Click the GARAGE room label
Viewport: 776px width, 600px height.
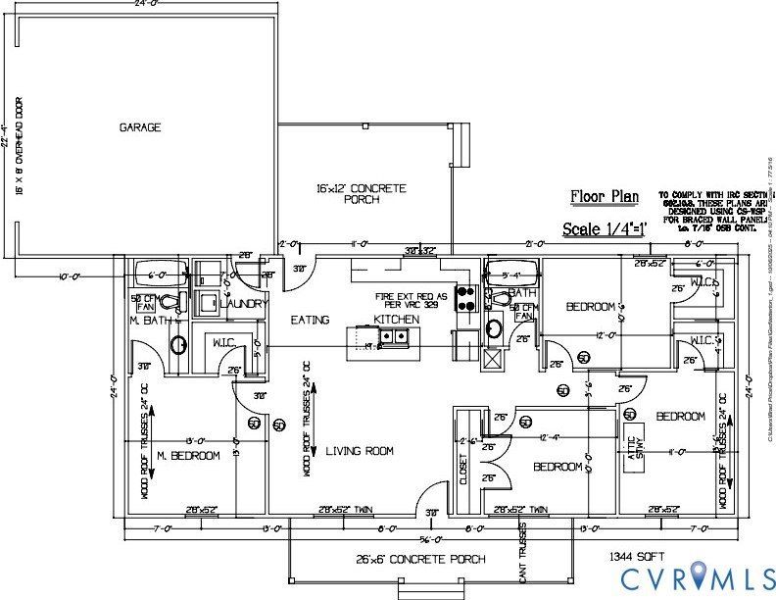(x=140, y=127)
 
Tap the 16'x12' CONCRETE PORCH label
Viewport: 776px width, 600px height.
(x=362, y=194)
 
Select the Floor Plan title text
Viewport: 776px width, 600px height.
(x=605, y=196)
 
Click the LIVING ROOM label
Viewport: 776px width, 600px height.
(x=360, y=451)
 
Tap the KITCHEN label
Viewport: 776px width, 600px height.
(x=397, y=320)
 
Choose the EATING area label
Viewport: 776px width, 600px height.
(x=310, y=320)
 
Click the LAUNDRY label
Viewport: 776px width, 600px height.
(x=244, y=305)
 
